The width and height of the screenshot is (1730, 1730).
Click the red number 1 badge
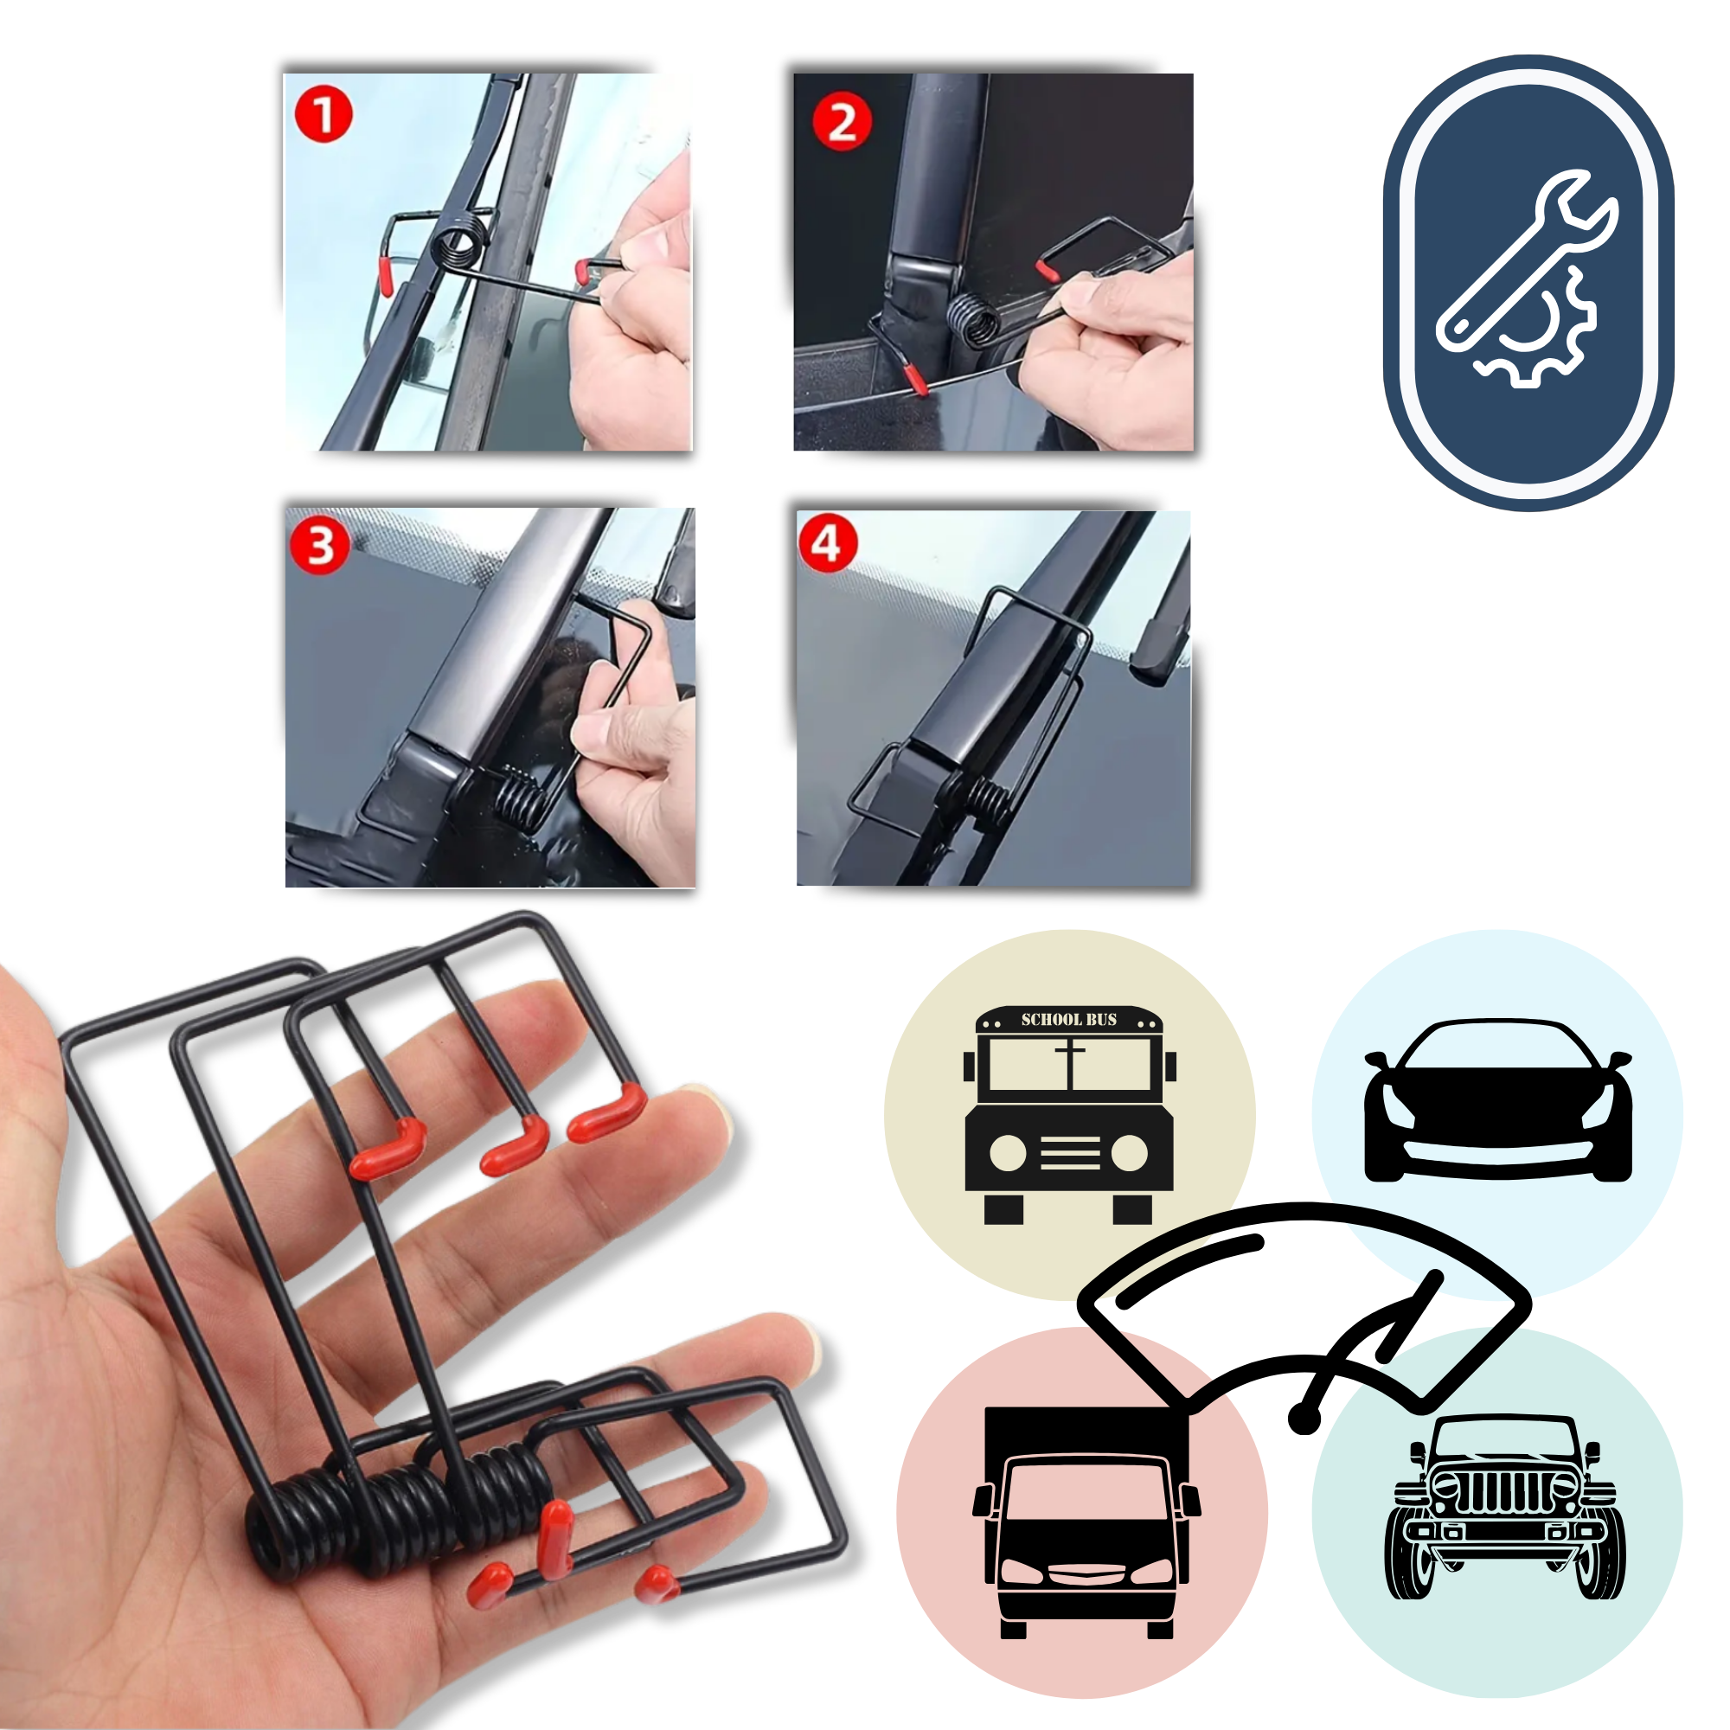(x=324, y=115)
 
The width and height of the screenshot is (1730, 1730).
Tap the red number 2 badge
(x=841, y=122)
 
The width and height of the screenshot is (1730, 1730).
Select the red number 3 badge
(x=320, y=545)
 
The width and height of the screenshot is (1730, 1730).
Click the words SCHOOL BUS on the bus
(x=1068, y=1019)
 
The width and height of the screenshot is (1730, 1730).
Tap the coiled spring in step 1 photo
(x=458, y=244)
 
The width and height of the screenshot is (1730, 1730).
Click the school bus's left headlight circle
(x=1008, y=1153)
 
